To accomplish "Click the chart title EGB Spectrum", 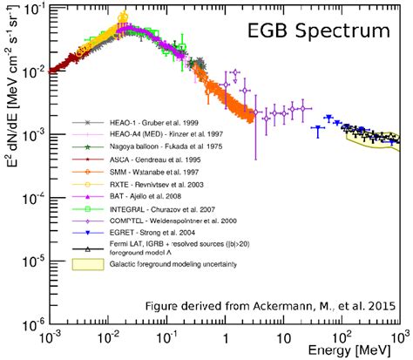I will [x=320, y=32].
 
